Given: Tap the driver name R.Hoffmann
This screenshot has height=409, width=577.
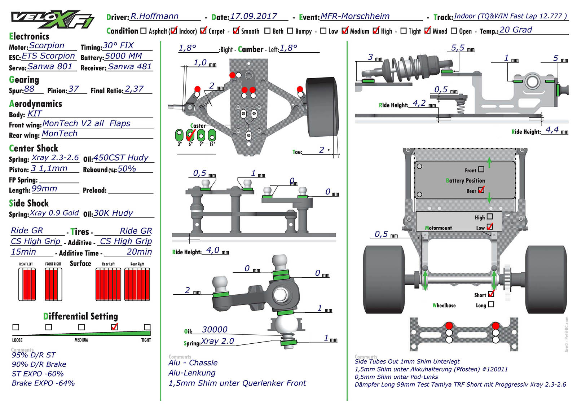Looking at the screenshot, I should pyautogui.click(x=154, y=16).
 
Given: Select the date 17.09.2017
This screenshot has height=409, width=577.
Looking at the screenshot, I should pyautogui.click(x=254, y=16).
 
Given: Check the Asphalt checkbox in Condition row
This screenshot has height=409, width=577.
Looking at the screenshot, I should pyautogui.click(x=144, y=31).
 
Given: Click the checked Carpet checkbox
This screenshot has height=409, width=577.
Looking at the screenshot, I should pyautogui.click(x=203, y=31).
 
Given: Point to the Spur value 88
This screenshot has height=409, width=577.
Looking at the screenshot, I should pyautogui.click(x=30, y=89).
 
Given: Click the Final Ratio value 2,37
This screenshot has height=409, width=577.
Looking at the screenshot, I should pyautogui.click(x=134, y=89).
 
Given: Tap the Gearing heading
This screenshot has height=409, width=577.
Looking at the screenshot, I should pyautogui.click(x=24, y=80).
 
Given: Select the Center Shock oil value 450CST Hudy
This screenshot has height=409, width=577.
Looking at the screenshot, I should pyautogui.click(x=121, y=158).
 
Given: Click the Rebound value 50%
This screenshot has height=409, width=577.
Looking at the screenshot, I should pyautogui.click(x=127, y=168).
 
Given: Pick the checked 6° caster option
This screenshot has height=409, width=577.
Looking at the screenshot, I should pyautogui.click(x=190, y=135).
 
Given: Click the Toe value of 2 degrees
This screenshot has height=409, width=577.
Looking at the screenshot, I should pyautogui.click(x=322, y=150).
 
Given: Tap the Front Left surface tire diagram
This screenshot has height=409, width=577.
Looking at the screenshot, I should pyautogui.click(x=27, y=284).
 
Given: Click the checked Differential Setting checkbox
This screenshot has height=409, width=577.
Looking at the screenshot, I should pyautogui.click(x=115, y=327).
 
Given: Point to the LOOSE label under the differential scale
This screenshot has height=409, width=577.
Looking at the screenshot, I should pyautogui.click(x=17, y=340).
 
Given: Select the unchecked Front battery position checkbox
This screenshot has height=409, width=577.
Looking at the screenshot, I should pyautogui.click(x=481, y=170).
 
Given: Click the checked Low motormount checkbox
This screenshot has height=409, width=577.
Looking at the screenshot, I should pyautogui.click(x=490, y=227).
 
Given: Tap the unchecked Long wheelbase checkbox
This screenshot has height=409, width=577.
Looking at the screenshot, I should pyautogui.click(x=491, y=304).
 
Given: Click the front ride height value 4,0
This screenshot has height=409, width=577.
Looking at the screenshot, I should pyautogui.click(x=212, y=250).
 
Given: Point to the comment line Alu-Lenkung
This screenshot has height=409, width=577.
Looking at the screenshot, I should pyautogui.click(x=192, y=373).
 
